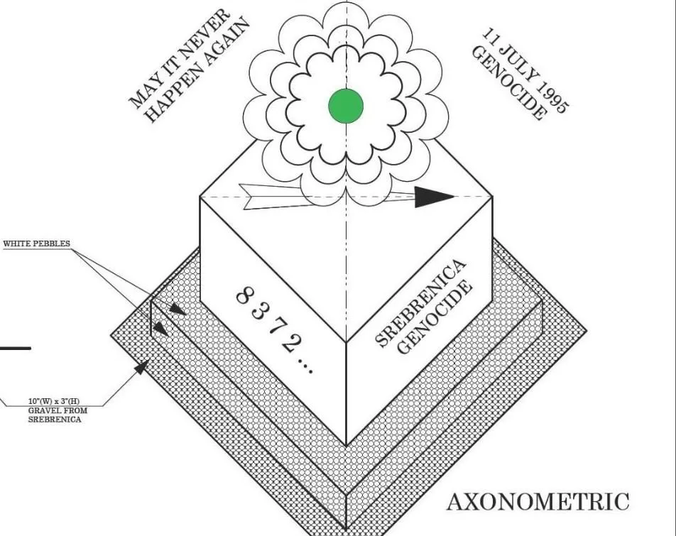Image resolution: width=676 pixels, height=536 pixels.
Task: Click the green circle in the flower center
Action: pyautogui.click(x=346, y=106)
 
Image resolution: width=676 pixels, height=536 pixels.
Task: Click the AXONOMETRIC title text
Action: pyautogui.click(x=538, y=502)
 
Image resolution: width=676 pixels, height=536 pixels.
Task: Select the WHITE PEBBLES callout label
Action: pyautogui.click(x=37, y=244)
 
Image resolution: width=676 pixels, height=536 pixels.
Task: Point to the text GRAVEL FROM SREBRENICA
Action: pyautogui.click(x=54, y=415)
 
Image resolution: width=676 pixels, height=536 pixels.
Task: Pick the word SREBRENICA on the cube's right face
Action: pyautogui.click(x=421, y=304)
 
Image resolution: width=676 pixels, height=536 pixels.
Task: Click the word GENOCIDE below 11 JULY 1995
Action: pyautogui.click(x=509, y=84)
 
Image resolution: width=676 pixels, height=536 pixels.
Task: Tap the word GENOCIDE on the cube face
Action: pyautogui.click(x=435, y=317)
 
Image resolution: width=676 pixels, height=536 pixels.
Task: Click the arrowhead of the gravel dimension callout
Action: pyautogui.click(x=142, y=367)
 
